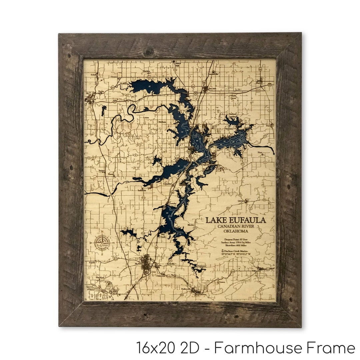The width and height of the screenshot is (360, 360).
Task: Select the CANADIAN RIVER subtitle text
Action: pos(236,227)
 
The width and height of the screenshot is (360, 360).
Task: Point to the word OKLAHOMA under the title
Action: pos(236,232)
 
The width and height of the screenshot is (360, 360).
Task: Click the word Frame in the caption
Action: pos(333,348)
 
